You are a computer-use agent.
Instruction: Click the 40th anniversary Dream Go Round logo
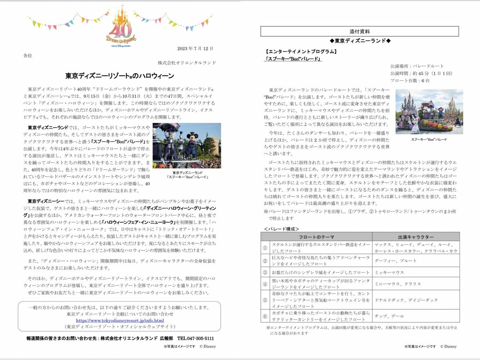(x=121, y=28)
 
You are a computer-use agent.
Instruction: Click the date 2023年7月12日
(x=195, y=48)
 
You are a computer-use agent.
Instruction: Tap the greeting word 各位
(x=28, y=56)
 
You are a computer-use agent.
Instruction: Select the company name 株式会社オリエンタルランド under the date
(x=187, y=63)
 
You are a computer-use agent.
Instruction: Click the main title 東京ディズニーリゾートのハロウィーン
(x=120, y=76)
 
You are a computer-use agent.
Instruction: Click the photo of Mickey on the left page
(x=187, y=146)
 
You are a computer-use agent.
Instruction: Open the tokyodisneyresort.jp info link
(x=120, y=320)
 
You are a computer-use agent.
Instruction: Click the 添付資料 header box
(x=360, y=31)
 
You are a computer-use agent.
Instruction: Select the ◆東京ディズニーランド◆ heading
(x=360, y=41)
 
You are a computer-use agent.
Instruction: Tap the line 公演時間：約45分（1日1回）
(x=416, y=73)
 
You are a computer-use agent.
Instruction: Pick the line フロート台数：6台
(x=410, y=80)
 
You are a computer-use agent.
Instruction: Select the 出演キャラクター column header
(x=416, y=236)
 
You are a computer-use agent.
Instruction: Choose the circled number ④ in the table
(x=264, y=284)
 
